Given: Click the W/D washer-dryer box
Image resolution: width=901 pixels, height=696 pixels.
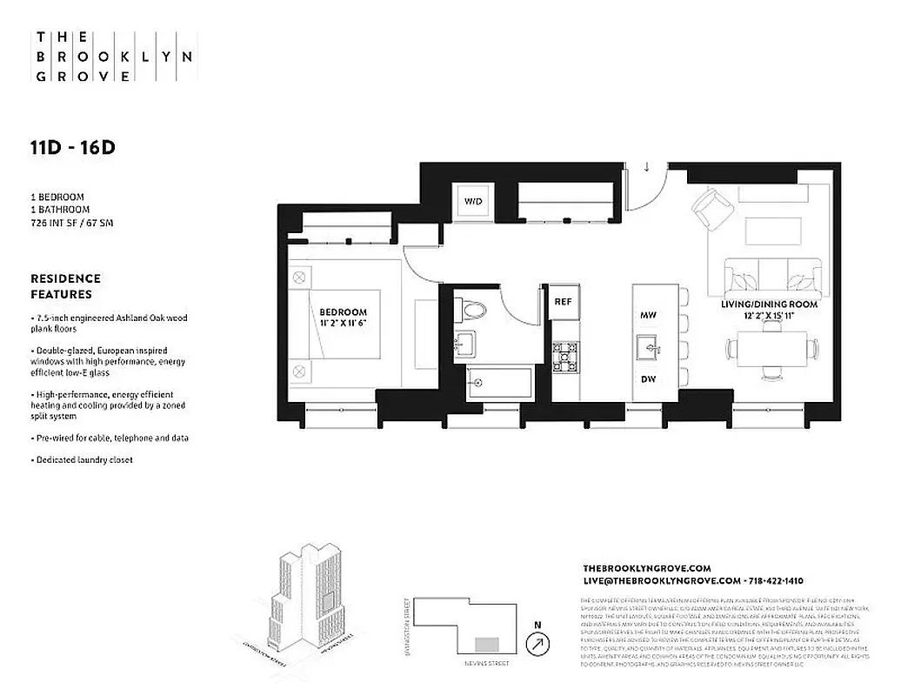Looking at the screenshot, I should click(473, 202).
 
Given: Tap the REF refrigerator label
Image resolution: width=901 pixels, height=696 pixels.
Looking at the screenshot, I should click(562, 302).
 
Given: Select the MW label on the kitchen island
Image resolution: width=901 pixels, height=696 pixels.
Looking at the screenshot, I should click(648, 315).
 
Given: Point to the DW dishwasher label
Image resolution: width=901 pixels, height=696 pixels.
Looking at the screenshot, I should click(648, 379).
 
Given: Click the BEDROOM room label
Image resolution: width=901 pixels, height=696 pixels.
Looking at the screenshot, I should click(343, 312).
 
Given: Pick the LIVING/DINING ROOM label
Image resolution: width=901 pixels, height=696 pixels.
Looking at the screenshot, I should click(769, 304).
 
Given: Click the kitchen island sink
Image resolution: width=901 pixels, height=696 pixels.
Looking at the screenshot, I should click(648, 348).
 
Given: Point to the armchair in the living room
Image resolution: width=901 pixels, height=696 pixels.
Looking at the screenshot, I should click(711, 210).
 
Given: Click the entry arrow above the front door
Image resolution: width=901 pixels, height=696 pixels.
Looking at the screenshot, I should click(647, 167).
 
